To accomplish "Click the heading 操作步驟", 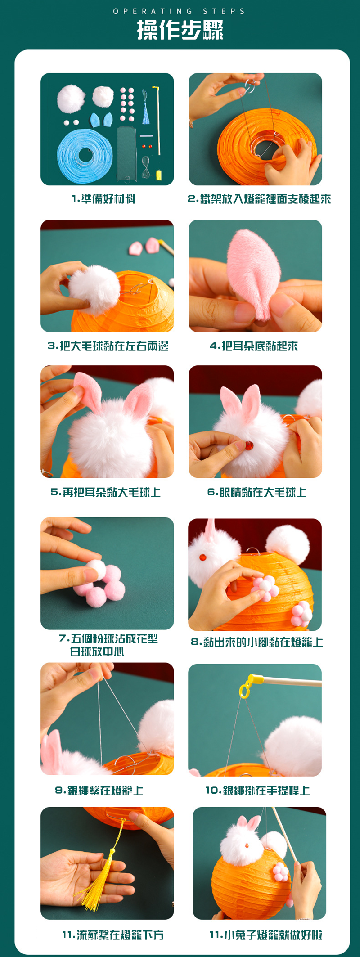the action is pyautogui.click(x=180, y=30).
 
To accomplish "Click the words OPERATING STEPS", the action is pyautogui.click(x=179, y=11).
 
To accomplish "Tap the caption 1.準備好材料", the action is pyautogui.click(x=103, y=199).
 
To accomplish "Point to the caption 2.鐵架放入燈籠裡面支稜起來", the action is pyautogui.click(x=259, y=199).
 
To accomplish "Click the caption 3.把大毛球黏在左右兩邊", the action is pyautogui.click(x=108, y=346).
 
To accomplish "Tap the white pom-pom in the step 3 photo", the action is pyautogui.click(x=94, y=288).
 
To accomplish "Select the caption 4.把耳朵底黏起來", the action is pyautogui.click(x=254, y=346).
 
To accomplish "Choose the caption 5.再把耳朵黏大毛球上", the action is pyautogui.click(x=106, y=492).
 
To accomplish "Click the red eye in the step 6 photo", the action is pyautogui.click(x=249, y=446).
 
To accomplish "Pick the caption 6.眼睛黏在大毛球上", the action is pyautogui.click(x=257, y=492).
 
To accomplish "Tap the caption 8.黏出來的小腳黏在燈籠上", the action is pyautogui.click(x=257, y=642).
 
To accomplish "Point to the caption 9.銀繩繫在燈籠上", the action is pyautogui.click(x=99, y=791).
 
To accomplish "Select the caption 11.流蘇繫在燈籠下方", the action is pyautogui.click(x=113, y=935).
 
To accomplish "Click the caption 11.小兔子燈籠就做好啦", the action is pyautogui.click(x=266, y=935).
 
